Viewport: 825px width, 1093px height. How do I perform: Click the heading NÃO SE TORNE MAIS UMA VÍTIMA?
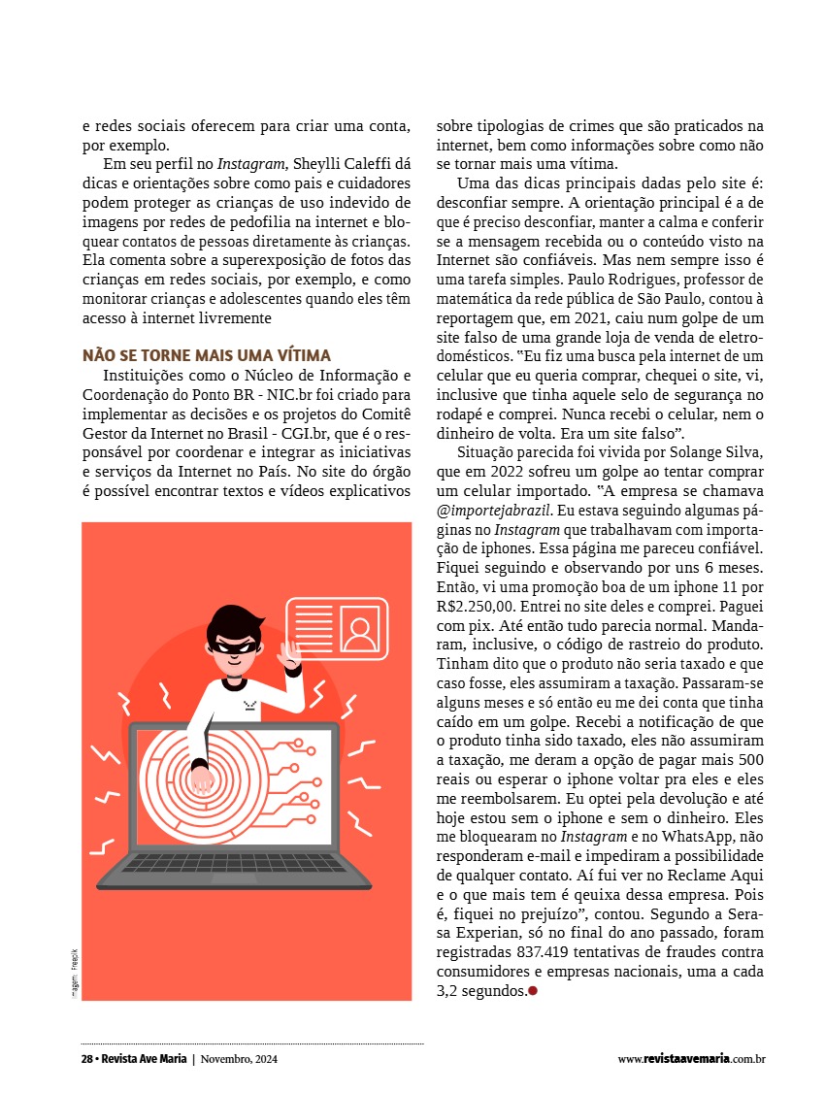pyautogui.click(x=206, y=355)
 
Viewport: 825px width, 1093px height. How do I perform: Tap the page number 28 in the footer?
pyautogui.click(x=86, y=1059)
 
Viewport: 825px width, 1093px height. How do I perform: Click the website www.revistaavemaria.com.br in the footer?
pyautogui.click(x=692, y=1059)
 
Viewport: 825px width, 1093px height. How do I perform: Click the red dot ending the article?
pyautogui.click(x=533, y=990)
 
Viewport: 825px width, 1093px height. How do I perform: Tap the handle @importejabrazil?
pyautogui.click(x=494, y=511)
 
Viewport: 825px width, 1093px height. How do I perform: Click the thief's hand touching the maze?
pyautogui.click(x=202, y=778)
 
